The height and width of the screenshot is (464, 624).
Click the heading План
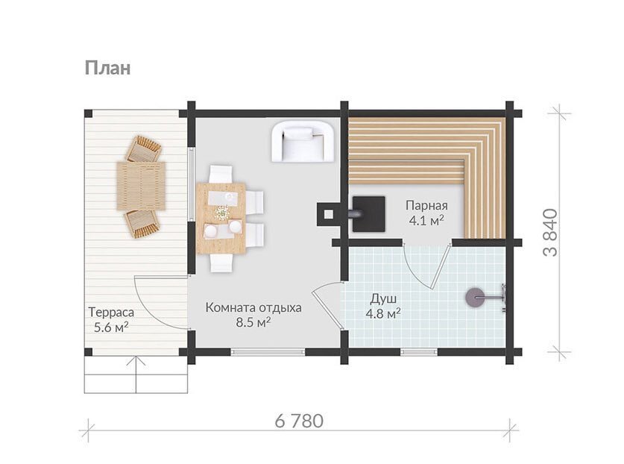pyautogui.click(x=107, y=68)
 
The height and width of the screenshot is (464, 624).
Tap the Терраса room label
pyautogui.click(x=111, y=313)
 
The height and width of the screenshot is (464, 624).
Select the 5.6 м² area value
pyautogui.click(x=110, y=327)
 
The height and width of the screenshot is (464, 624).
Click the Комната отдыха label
pyautogui.click(x=253, y=308)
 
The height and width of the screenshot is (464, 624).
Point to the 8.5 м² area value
pyautogui.click(x=253, y=322)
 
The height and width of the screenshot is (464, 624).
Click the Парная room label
pyautogui.click(x=426, y=206)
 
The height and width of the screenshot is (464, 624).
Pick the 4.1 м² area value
pyautogui.click(x=426, y=220)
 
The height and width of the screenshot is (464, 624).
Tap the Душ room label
pyautogui.click(x=383, y=298)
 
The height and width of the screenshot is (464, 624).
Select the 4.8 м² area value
pyautogui.click(x=383, y=313)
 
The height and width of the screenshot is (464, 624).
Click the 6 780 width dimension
pyautogui.click(x=299, y=421)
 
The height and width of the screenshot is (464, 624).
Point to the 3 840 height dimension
pyautogui.click(x=551, y=233)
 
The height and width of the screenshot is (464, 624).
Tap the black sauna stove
pyautogui.click(x=368, y=214)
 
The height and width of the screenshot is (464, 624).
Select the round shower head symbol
pyautogui.click(x=475, y=298)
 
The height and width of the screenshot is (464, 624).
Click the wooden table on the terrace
pyautogui.click(x=141, y=186)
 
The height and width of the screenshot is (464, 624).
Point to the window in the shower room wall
pyautogui.click(x=419, y=351)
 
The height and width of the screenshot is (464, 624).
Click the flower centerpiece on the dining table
pyautogui.click(x=221, y=213)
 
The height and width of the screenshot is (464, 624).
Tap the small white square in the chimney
pyautogui.click(x=328, y=214)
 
